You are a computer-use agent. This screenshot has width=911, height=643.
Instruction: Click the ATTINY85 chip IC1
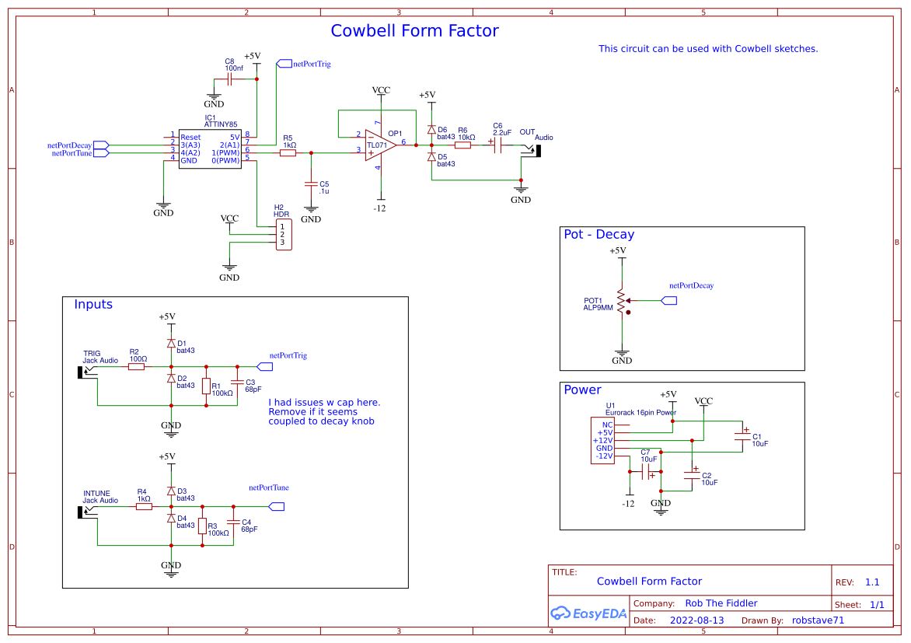pyautogui.click(x=209, y=148)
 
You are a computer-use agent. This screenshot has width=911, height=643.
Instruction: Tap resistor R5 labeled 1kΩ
pyautogui.click(x=288, y=153)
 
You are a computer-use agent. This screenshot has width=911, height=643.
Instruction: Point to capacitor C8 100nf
pyautogui.click(x=229, y=79)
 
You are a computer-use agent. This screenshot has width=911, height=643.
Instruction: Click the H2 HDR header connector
pyautogui.click(x=281, y=234)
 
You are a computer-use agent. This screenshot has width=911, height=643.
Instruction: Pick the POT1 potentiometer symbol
pyautogui.click(x=620, y=300)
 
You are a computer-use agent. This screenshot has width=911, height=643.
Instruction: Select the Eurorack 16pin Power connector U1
pyautogui.click(x=603, y=440)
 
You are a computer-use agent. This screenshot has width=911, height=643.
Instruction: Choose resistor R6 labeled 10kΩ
pyautogui.click(x=463, y=145)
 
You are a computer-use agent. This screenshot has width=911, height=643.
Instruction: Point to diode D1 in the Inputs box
pyautogui.click(x=171, y=343)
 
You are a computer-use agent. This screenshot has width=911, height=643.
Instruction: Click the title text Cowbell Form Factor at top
pyautogui.click(x=414, y=31)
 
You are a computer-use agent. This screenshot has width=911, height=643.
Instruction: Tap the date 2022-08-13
pyautogui.click(x=696, y=620)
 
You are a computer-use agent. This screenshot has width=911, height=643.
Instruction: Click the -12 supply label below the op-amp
pyautogui.click(x=380, y=208)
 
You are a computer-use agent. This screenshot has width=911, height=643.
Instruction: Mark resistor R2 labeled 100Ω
pyautogui.click(x=136, y=366)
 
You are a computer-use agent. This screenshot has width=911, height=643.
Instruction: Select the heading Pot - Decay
pyautogui.click(x=599, y=234)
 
